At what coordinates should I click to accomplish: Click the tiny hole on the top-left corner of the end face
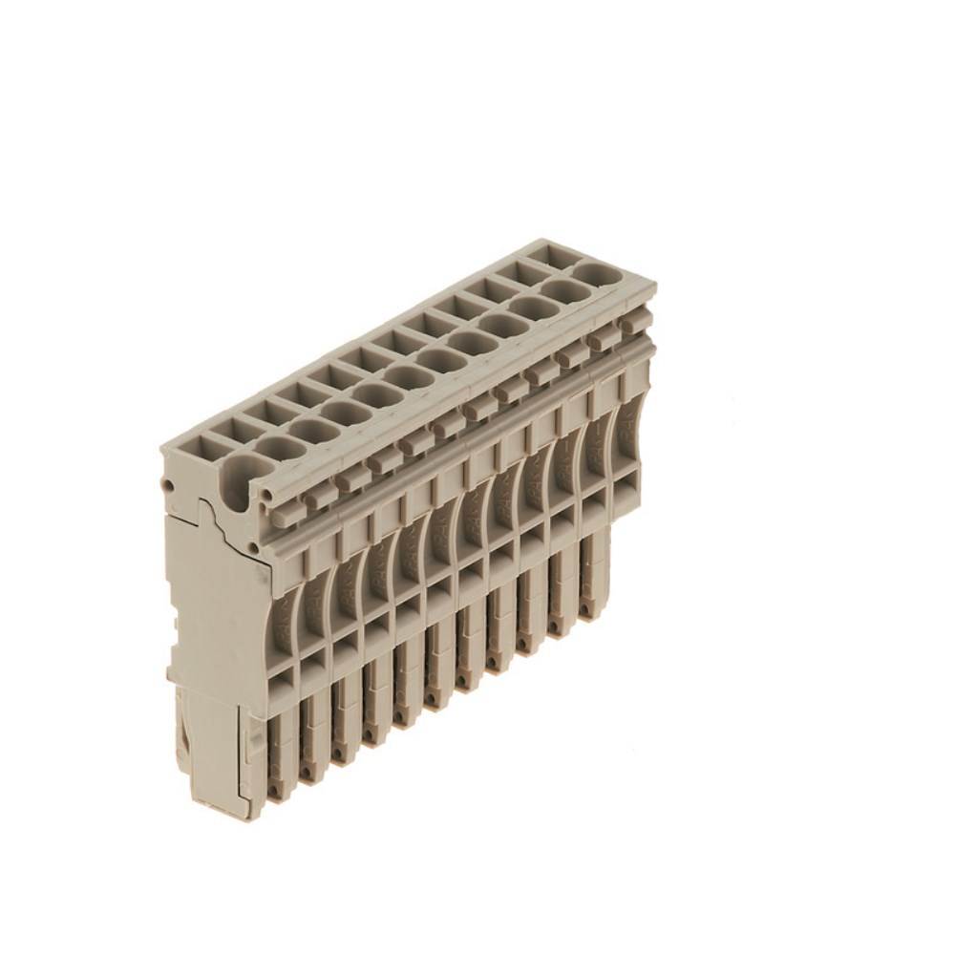tap(168, 486)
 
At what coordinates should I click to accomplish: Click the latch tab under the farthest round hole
tap(629, 326)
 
